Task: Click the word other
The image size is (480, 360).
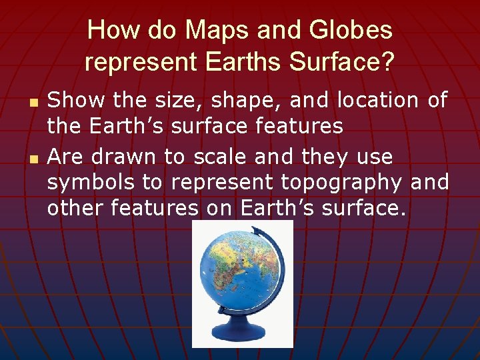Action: click(75, 208)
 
